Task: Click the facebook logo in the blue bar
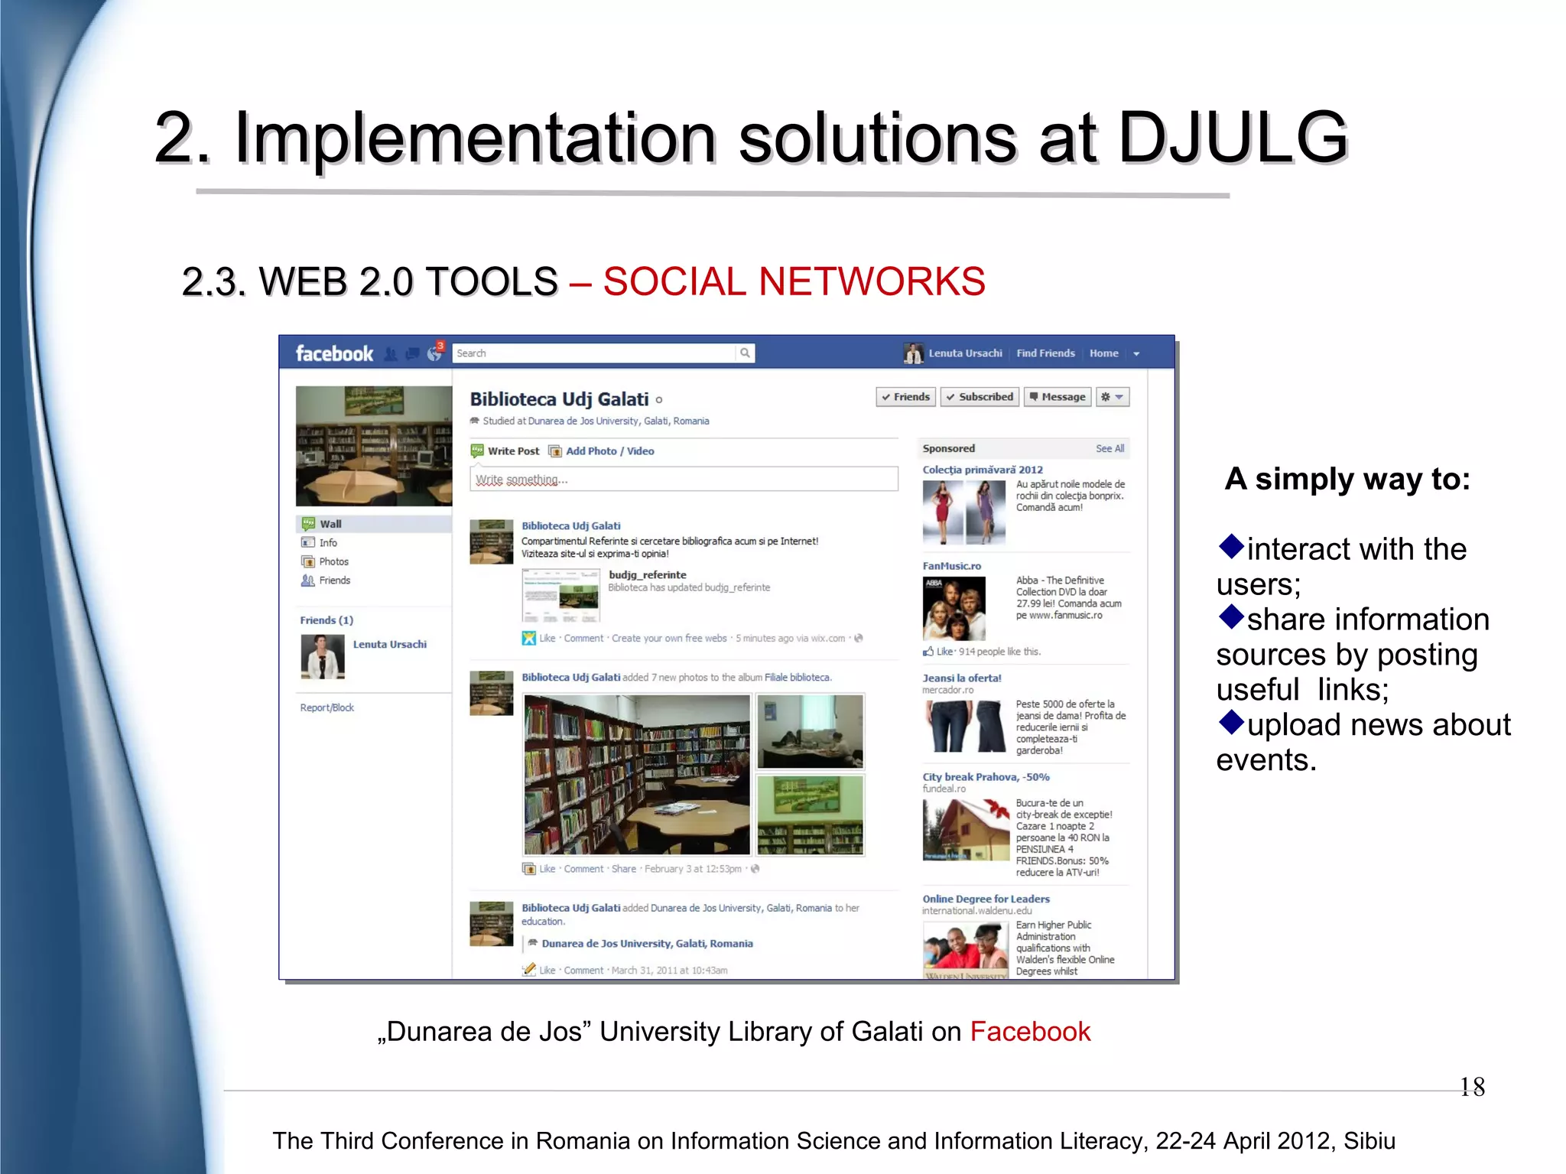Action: click(334, 353)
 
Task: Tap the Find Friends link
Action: click(1045, 353)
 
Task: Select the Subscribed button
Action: click(980, 397)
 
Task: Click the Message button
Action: click(1058, 397)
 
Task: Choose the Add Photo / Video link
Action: click(609, 451)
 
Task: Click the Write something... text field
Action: click(684, 480)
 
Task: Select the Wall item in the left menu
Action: click(330, 524)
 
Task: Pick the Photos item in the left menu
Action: click(333, 561)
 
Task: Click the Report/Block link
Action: click(327, 707)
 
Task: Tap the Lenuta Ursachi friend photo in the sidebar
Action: click(323, 657)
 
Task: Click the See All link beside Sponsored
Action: click(1110, 449)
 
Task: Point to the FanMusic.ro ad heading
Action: click(951, 566)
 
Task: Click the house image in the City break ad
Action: click(966, 830)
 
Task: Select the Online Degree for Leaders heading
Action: click(986, 899)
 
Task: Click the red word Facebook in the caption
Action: click(1030, 1032)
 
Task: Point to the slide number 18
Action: click(1472, 1087)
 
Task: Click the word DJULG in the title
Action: click(1233, 138)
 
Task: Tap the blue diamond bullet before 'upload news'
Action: click(1231, 722)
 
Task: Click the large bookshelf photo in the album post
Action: click(637, 774)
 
